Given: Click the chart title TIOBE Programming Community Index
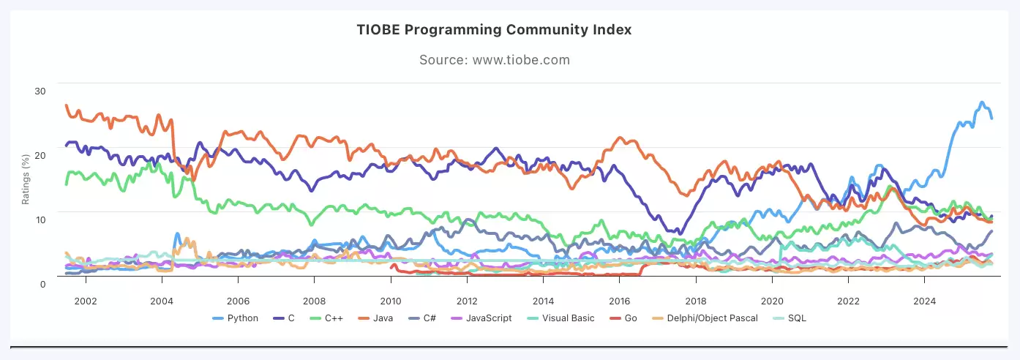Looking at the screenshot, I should tap(494, 30).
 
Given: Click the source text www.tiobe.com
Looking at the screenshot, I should tap(494, 60).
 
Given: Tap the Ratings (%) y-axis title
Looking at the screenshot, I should tap(26, 183).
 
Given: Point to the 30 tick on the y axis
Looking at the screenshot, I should tap(40, 91).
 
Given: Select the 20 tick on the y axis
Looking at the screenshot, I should tap(40, 154).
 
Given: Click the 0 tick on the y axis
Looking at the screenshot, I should tap(42, 283).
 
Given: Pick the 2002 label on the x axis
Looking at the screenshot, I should tap(86, 301).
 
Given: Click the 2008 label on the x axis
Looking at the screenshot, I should tap(314, 301).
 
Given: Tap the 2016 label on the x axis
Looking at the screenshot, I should tap(619, 301).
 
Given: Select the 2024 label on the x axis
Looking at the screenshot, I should tap(924, 301).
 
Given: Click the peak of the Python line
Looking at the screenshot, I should tap(982, 102).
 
